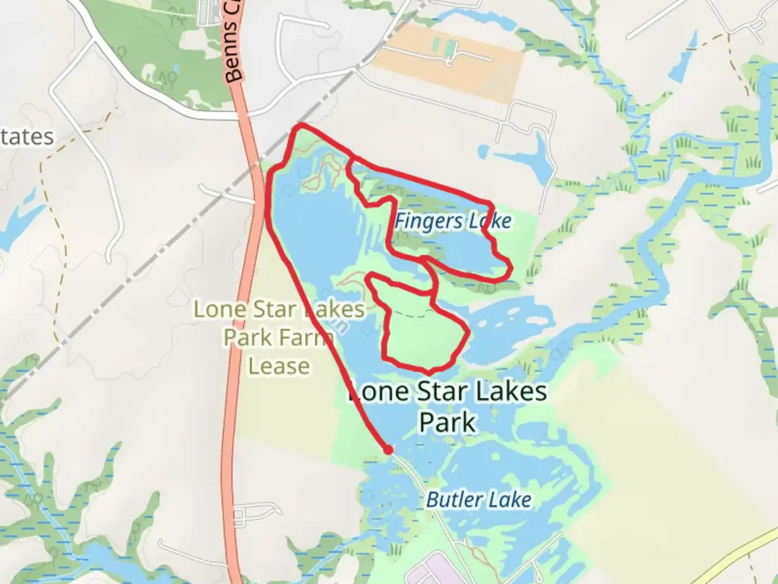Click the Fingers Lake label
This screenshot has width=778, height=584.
[453, 221]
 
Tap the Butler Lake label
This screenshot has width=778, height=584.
[479, 500]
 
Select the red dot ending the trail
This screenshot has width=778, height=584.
[388, 449]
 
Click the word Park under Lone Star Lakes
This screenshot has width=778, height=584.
[448, 422]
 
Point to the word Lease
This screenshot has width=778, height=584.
[279, 366]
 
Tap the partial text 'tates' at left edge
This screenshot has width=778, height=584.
[27, 137]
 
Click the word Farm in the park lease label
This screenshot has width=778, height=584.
[306, 338]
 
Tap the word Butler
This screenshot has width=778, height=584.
[452, 500]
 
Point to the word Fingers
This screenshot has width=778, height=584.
[421, 221]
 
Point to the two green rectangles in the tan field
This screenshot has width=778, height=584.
[443, 47]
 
